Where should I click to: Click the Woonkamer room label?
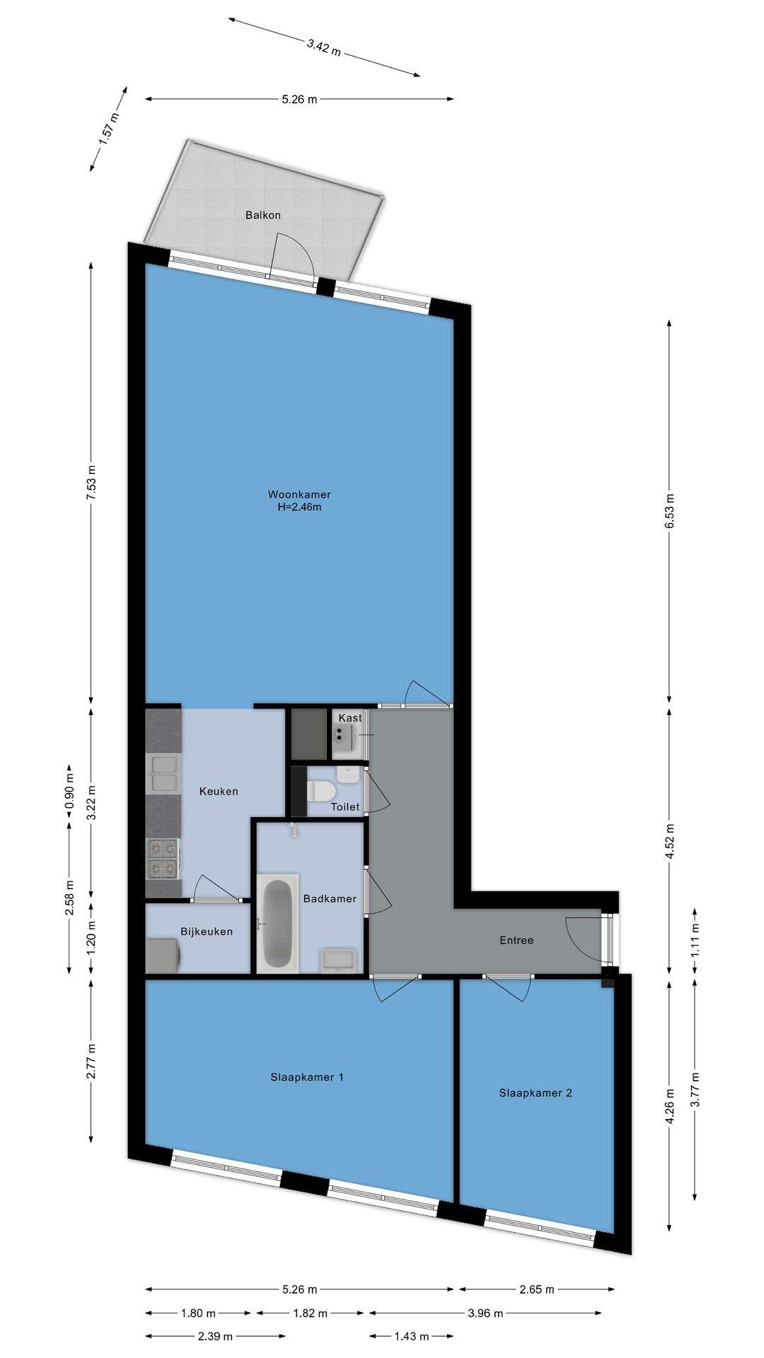[299, 494]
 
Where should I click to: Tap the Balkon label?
[263, 215]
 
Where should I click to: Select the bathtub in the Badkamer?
[277, 924]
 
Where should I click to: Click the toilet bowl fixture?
[323, 790]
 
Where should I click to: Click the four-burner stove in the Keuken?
[163, 859]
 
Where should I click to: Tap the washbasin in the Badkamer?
[340, 960]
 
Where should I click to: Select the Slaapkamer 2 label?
[536, 1093]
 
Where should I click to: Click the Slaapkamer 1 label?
[307, 1077]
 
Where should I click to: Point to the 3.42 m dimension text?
[324, 47]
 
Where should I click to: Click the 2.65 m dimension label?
[536, 1289]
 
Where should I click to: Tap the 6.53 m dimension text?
[669, 511]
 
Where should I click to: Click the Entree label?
[516, 940]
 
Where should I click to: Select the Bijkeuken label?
[207, 932]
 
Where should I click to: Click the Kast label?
[350, 718]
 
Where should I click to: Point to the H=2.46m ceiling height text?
[299, 506]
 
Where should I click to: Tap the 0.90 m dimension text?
[69, 791]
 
